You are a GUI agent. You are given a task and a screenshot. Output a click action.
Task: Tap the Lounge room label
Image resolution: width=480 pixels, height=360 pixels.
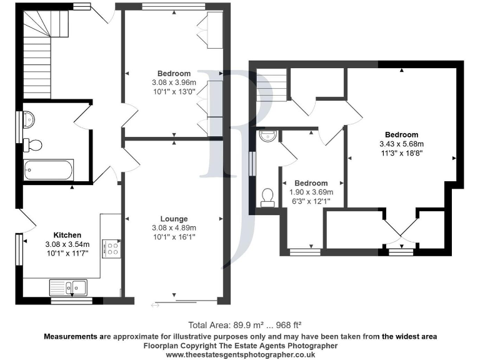pyautogui.click(x=174, y=219)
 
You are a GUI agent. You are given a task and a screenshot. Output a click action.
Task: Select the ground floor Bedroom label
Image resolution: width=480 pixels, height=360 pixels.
pyautogui.click(x=174, y=74)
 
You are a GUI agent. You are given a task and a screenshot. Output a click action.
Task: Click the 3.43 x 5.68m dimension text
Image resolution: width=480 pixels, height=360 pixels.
pyautogui.click(x=401, y=144)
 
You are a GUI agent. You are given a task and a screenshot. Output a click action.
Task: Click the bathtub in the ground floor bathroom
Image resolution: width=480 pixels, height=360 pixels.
pyautogui.click(x=49, y=169)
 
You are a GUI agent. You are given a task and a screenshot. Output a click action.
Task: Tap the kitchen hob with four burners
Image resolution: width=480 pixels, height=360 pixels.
pyautogui.click(x=112, y=249)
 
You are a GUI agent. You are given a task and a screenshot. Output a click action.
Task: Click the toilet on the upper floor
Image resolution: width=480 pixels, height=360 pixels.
pyautogui.click(x=269, y=197)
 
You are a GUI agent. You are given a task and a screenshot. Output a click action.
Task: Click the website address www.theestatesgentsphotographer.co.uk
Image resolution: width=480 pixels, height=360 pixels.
pyautogui.click(x=239, y=354)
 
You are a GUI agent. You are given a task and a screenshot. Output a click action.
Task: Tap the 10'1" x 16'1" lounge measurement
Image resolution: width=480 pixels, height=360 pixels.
pyautogui.click(x=174, y=236)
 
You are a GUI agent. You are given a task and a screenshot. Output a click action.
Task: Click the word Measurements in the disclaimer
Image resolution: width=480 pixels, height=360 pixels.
pyautogui.click(x=70, y=336)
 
